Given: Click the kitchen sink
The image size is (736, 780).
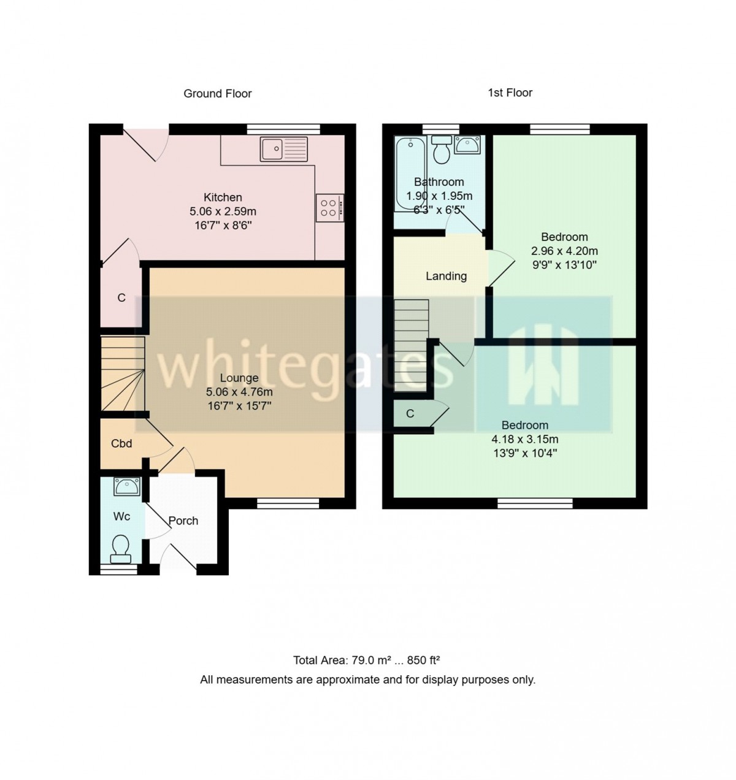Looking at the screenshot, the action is tap(284, 149).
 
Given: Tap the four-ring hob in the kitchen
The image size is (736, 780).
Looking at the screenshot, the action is tap(330, 208).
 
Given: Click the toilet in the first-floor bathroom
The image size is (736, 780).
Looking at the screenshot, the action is tap(442, 150).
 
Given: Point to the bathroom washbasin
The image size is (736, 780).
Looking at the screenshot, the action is tap(467, 145).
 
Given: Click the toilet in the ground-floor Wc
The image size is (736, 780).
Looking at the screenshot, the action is tap(120, 549).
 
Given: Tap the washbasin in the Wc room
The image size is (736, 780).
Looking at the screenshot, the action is tap(127, 487).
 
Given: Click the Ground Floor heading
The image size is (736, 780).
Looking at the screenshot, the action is tap(217, 93).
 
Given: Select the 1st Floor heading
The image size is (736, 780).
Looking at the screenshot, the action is tap(510, 93).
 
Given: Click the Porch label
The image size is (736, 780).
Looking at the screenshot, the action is tap(183, 521).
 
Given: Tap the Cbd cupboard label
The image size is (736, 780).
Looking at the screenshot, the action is tap(121, 443).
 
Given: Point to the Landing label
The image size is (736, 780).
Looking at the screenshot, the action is tap(446, 276).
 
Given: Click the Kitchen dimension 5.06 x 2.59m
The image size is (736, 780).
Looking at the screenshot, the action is tap(223, 212).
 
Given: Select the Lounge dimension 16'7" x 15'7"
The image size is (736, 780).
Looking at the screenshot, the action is tap(239, 406).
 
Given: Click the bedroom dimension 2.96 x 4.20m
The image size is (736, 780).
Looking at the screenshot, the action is tap(564, 251).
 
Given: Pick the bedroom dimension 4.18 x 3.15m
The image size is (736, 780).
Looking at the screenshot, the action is tap(525, 439).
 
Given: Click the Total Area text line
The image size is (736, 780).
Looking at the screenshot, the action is tap(366, 660).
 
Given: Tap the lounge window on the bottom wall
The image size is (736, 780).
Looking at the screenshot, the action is tap(288, 503).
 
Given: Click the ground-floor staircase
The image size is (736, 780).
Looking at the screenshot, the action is tap(123, 373).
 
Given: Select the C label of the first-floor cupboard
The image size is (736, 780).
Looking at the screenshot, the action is tap(410, 413).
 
